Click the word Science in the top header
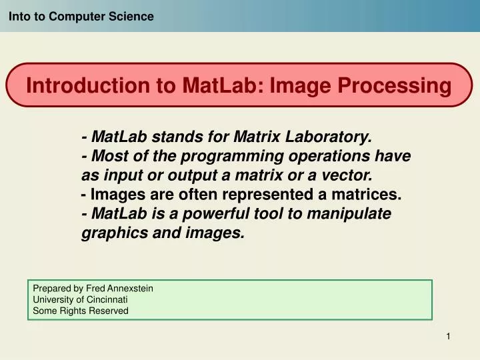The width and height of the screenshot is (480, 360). click(131, 16)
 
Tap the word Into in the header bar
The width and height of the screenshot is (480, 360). click(19, 16)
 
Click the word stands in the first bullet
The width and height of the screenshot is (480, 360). click(175, 137)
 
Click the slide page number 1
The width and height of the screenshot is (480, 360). click(449, 337)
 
